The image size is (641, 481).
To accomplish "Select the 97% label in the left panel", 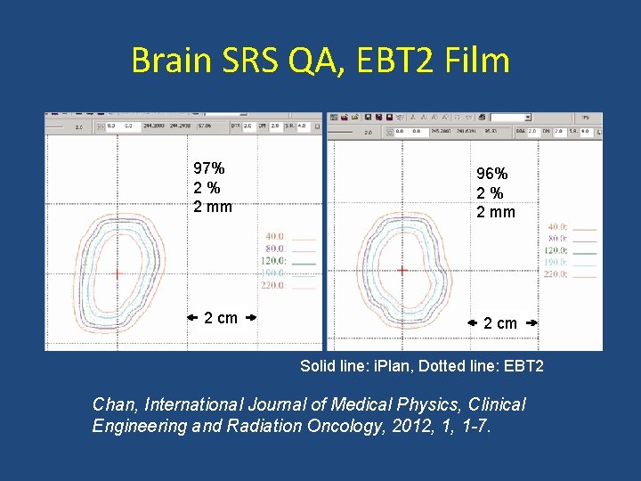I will click(x=209, y=168).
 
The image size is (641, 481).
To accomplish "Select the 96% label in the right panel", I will click(x=492, y=174).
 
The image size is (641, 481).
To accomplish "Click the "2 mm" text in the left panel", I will click(x=213, y=207).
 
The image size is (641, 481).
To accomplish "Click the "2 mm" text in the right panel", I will click(x=496, y=212).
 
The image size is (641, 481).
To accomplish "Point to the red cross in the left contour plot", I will click(x=117, y=275).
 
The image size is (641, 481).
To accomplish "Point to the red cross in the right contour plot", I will click(x=402, y=270).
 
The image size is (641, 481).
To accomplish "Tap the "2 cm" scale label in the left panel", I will click(x=221, y=318).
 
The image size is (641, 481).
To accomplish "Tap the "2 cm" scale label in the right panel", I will click(x=499, y=323).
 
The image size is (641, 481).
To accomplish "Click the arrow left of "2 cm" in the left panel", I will click(x=192, y=317).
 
